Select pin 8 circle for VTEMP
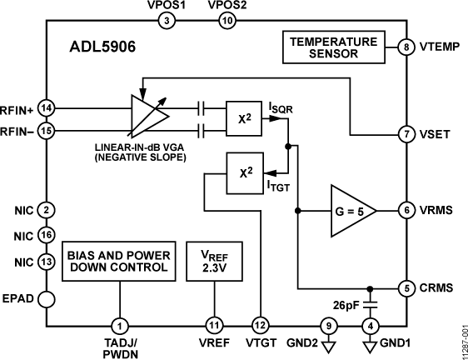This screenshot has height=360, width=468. [406, 47]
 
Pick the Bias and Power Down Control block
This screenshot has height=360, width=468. [120, 262]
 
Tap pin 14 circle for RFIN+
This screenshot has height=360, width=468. [47, 108]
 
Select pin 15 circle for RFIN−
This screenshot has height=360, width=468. [47, 131]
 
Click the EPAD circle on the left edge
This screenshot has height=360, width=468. [47, 297]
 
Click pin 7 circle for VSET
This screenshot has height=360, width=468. [406, 134]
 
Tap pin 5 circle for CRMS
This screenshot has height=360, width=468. [406, 289]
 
